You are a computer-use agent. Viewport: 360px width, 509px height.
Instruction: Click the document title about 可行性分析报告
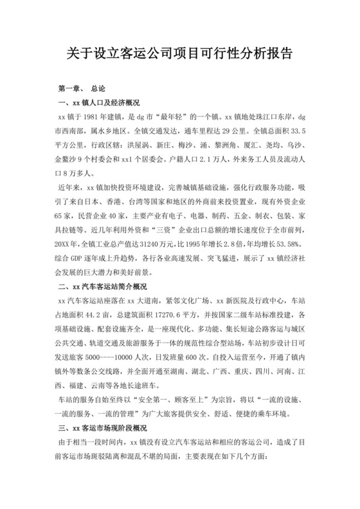click(180, 53)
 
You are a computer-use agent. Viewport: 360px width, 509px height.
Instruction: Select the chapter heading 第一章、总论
click(85, 87)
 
